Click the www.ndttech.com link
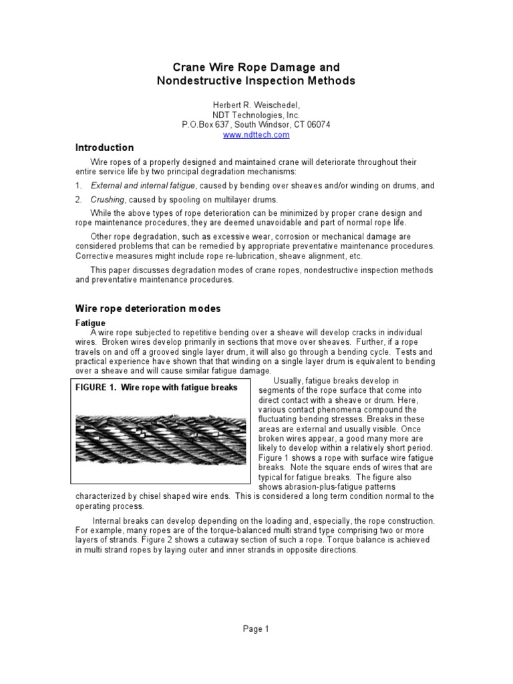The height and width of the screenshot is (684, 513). tap(256, 134)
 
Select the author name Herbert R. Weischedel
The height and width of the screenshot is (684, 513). tap(256, 104)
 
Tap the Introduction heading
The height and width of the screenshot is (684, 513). tap(104, 148)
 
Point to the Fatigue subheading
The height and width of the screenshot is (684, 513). tap(90, 323)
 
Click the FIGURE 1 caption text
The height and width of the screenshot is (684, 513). tap(157, 387)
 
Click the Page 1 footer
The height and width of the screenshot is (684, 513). tap(256, 629)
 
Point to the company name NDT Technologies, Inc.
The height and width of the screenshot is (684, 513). tap(256, 114)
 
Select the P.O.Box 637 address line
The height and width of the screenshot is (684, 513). tap(256, 124)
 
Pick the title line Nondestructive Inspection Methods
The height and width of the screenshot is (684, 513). tap(256, 81)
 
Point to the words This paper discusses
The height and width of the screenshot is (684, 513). tap(126, 270)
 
